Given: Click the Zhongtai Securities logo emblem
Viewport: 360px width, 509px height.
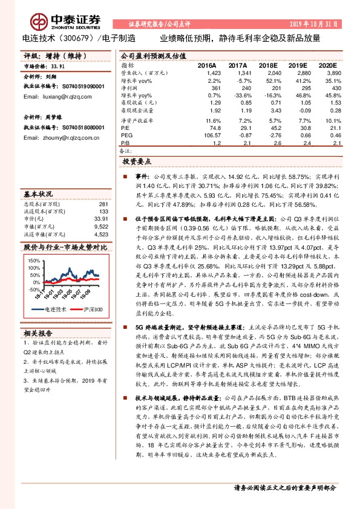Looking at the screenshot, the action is (41, 21).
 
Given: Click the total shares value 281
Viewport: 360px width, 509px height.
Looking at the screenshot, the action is (103, 204).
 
